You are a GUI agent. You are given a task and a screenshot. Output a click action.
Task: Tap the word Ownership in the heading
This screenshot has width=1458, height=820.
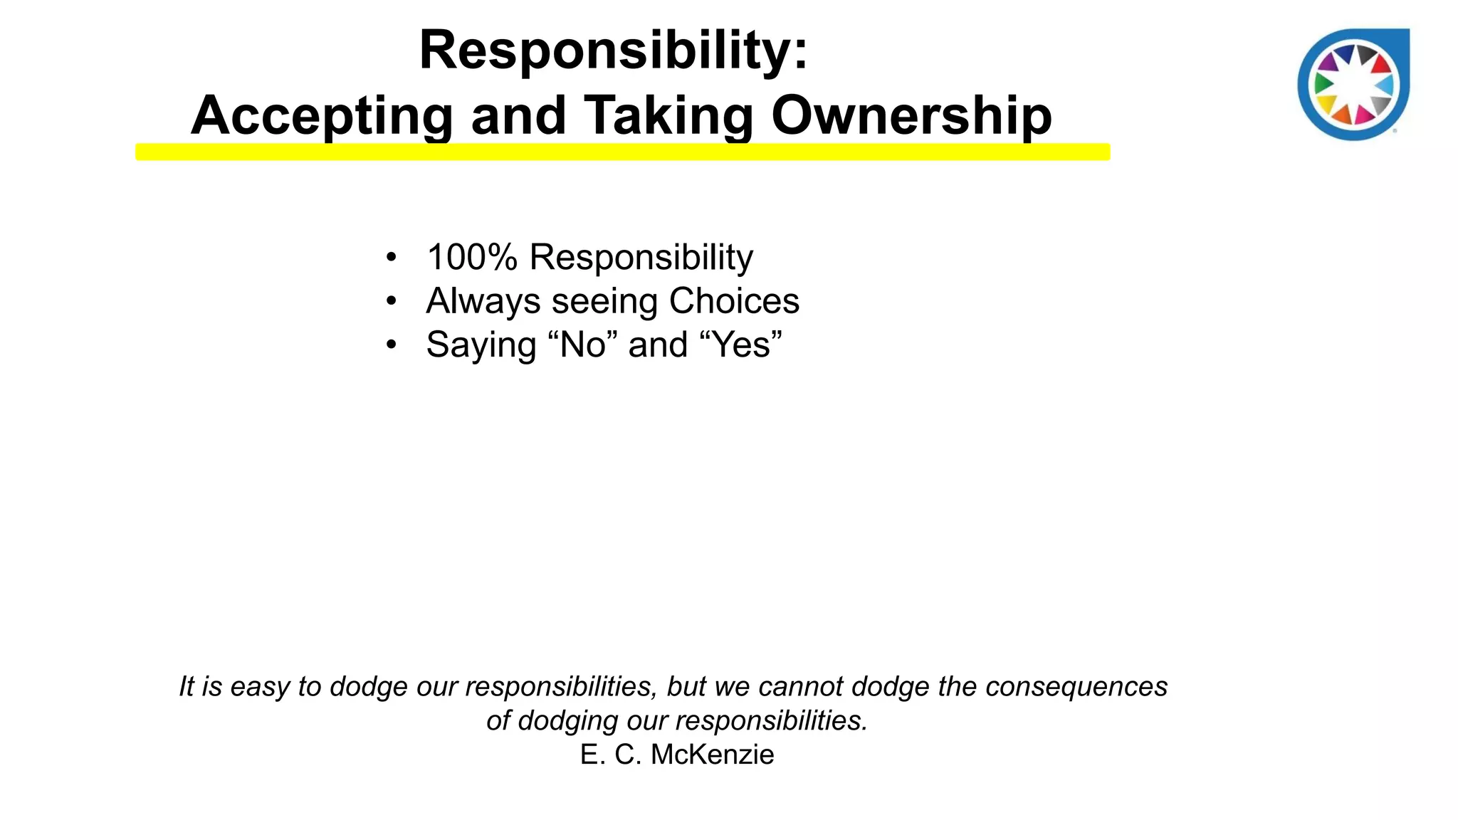[x=911, y=115]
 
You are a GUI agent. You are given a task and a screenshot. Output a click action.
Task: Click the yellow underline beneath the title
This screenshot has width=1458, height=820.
[x=622, y=152]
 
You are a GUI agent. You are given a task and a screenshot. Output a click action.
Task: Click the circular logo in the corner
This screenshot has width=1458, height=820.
[x=1353, y=84]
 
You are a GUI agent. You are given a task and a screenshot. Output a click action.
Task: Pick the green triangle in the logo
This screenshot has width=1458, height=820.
[x=1323, y=84]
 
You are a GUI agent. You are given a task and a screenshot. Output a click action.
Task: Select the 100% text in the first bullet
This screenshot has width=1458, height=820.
[x=471, y=257]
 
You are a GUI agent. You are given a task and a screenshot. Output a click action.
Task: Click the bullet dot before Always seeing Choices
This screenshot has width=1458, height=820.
[x=391, y=301]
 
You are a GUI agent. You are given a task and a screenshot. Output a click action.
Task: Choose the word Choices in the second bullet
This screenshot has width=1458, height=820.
[x=734, y=301]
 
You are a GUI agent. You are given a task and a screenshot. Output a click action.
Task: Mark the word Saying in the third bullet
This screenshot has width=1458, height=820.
[x=481, y=346]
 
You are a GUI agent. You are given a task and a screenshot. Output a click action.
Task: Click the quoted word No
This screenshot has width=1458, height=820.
[x=582, y=345]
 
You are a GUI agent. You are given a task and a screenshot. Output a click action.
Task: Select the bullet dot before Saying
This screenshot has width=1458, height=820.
[x=391, y=345]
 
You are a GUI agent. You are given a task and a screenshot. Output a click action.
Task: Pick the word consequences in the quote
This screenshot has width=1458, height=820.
[x=1076, y=686]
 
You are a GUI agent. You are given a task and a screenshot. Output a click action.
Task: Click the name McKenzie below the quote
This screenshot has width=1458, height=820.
[x=712, y=755]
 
